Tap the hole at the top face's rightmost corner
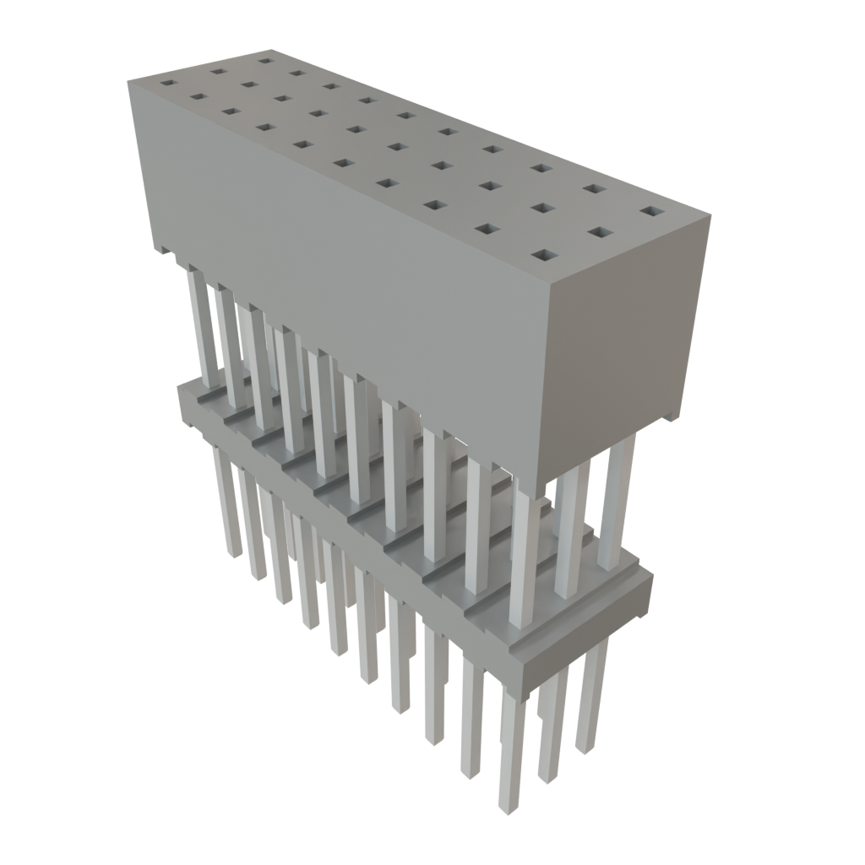649,210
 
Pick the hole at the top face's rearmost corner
265,60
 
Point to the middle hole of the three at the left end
217,72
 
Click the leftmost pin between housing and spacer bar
199,321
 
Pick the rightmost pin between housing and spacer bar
617,498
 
